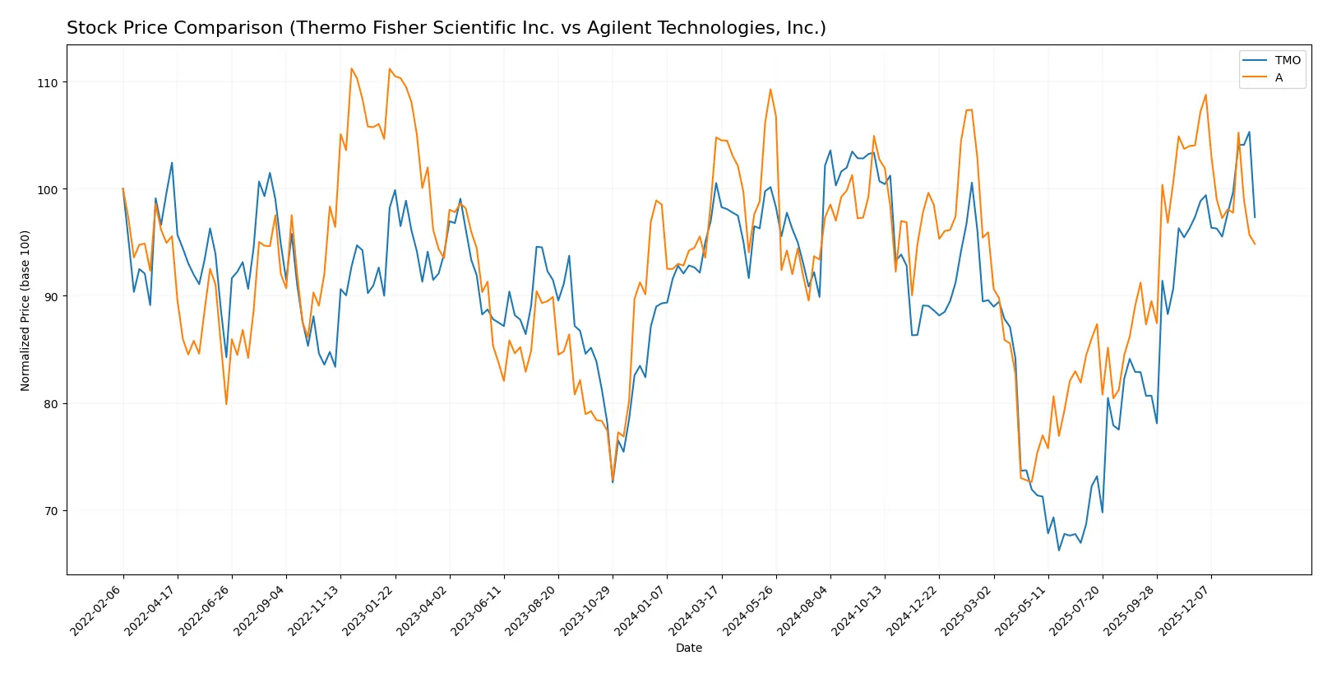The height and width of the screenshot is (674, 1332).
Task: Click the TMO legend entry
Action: tap(1287, 60)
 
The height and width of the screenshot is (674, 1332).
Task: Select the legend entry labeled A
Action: tap(1279, 77)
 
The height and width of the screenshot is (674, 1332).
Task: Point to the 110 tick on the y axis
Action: tap(48, 83)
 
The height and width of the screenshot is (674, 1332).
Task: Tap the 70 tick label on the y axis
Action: tap(50, 511)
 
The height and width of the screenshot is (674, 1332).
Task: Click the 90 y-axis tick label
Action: tap(50, 297)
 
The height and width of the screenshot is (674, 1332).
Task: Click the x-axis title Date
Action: tap(689, 648)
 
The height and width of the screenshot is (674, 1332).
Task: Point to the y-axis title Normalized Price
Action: tap(25, 310)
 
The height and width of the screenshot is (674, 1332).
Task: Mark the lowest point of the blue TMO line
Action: tap(1059, 550)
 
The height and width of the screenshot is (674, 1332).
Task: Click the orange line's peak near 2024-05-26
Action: tap(770, 90)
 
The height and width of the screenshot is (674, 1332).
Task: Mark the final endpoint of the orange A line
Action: tap(1255, 244)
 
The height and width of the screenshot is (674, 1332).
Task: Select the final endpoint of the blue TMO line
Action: tap(1255, 217)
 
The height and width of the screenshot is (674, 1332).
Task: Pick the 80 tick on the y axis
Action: tap(50, 404)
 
